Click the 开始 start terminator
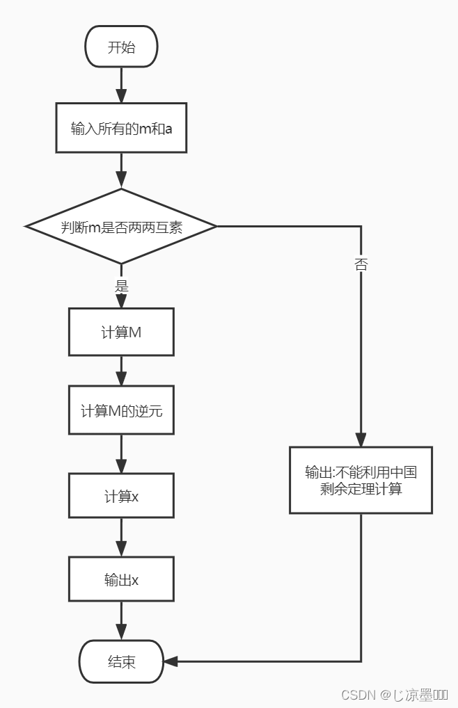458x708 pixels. [121, 48]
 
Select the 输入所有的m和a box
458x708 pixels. [121, 128]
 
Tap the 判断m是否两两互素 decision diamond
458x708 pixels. [121, 227]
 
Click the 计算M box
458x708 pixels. [121, 332]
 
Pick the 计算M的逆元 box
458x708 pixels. [121, 411]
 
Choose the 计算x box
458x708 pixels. [121, 497]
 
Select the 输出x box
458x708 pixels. [121, 579]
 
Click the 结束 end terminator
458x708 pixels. [121, 661]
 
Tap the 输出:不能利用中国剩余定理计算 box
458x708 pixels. [361, 481]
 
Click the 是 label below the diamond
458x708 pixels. [121, 286]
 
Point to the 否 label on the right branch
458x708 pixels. [361, 265]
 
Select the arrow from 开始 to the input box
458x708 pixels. [121, 85]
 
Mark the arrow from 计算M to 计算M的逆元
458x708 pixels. [121, 371]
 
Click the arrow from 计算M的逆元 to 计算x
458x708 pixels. [121, 455]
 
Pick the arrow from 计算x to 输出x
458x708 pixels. [121, 538]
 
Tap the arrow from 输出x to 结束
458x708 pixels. [121, 621]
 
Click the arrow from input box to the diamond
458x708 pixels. [121, 170]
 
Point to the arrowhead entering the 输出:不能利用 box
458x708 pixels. [361, 440]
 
